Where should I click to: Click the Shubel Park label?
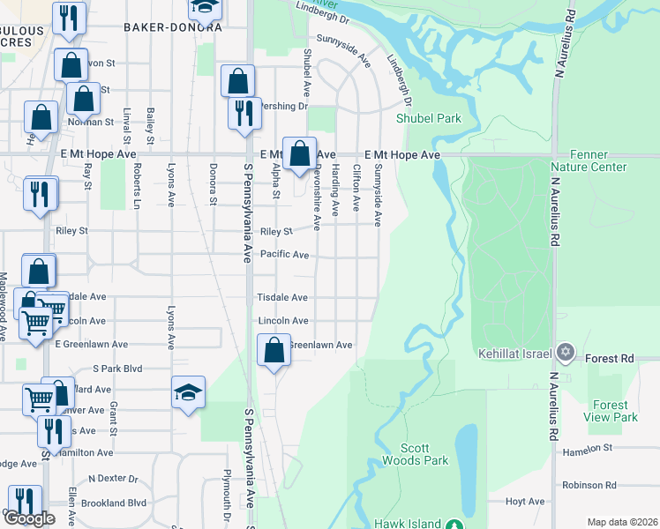[429, 117]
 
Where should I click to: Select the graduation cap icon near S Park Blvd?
[188, 391]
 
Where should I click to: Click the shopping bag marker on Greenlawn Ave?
[274, 350]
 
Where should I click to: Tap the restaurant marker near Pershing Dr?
[244, 113]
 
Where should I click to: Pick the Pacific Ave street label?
[284, 255]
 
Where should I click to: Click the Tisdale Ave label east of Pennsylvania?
[281, 298]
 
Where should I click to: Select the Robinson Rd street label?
[589, 485]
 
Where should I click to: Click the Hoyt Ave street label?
[526, 501]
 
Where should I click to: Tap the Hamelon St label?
[588, 448]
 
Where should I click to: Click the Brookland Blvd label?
[112, 503]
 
